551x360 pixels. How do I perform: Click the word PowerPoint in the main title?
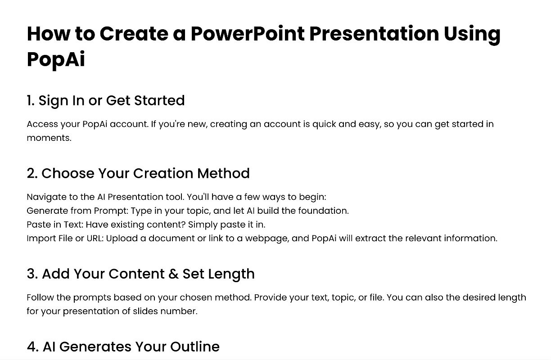[248, 34]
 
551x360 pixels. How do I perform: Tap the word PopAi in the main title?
[56, 60]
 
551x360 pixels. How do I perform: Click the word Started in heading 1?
[159, 100]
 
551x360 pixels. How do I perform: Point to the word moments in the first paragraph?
[49, 138]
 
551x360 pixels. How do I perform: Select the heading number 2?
[32, 173]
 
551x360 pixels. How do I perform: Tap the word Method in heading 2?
[223, 173]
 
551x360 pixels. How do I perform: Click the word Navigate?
[44, 197]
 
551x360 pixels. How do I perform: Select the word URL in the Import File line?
[95, 238]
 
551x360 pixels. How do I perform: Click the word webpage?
[267, 239]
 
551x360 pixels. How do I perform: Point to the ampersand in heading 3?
[173, 274]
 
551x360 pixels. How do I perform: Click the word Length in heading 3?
[231, 274]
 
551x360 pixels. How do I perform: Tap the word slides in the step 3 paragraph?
[145, 311]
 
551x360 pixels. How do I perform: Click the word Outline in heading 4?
[195, 346]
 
